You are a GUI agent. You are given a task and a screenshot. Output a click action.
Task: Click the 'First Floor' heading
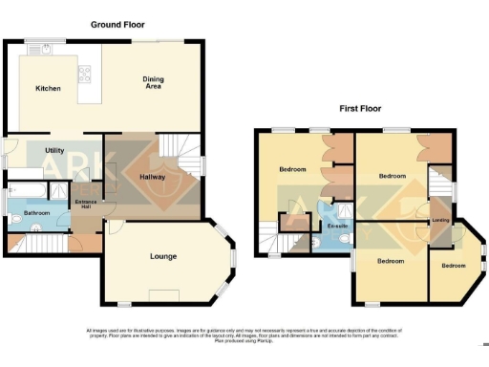click(360, 109)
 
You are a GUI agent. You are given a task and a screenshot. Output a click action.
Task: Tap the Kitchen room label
click(49, 88)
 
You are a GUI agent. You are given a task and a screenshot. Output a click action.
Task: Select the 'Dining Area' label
click(153, 82)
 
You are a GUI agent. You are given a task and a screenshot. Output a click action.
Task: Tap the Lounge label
click(164, 256)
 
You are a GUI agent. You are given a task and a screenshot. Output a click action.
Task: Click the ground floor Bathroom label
click(37, 212)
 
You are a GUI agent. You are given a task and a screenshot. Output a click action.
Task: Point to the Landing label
click(440, 221)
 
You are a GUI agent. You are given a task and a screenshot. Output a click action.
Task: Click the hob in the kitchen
click(83, 73)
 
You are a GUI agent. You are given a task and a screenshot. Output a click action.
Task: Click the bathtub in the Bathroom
click(29, 189)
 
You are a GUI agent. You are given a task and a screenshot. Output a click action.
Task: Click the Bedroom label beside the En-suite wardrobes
click(292, 169)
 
